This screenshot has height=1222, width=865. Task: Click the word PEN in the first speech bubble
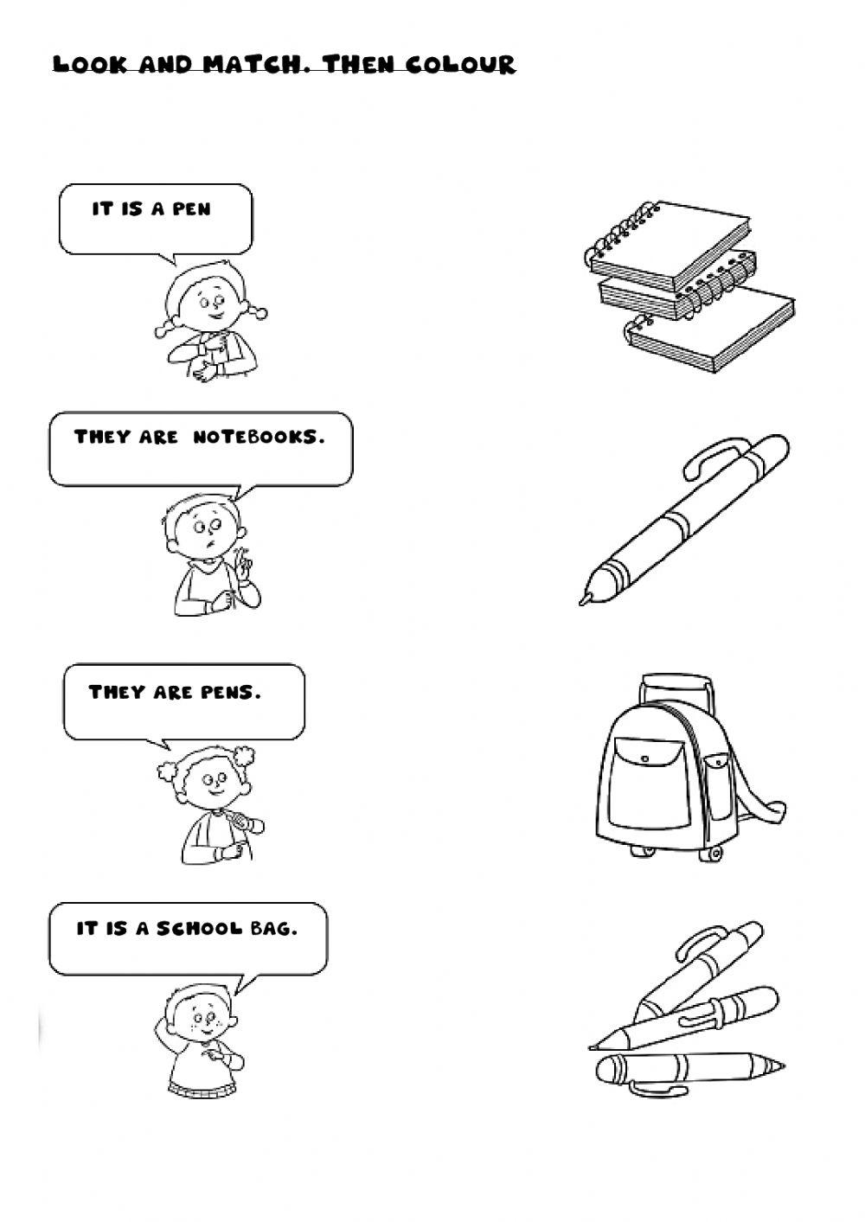(x=191, y=209)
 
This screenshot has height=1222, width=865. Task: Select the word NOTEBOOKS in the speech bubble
(x=259, y=438)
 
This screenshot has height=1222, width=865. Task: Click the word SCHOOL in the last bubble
(x=199, y=929)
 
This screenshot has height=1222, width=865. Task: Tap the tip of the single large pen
(x=584, y=598)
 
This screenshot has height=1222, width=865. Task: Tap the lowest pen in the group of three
(x=688, y=1069)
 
